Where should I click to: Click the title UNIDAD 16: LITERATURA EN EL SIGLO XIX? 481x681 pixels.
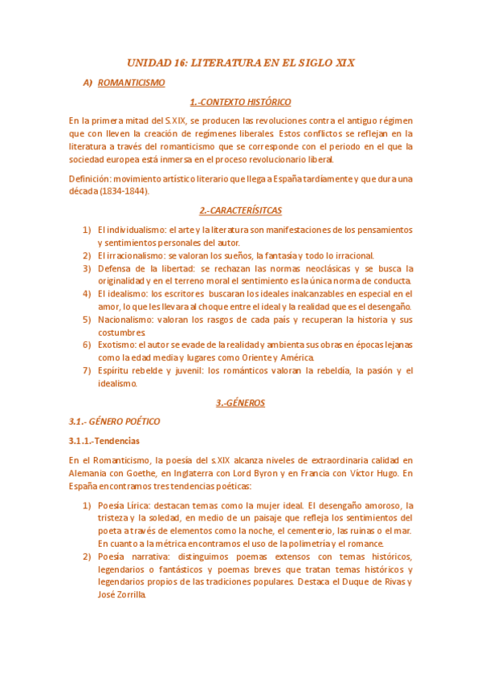point(240,62)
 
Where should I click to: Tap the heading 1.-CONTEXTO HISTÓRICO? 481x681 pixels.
point(240,102)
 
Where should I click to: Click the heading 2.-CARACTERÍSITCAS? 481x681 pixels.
point(240,210)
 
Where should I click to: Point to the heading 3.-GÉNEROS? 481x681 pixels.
point(240,402)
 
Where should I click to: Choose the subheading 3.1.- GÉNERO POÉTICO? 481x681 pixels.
point(114,421)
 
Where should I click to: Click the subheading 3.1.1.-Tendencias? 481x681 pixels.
point(104,441)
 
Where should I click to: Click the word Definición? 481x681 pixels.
point(89,178)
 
